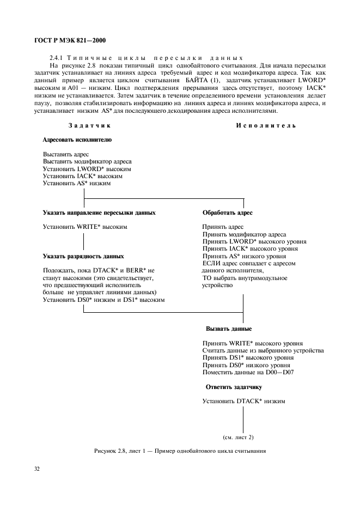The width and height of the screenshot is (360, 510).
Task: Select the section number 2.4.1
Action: (57, 57)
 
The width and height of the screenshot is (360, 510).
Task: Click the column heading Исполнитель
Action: (266, 126)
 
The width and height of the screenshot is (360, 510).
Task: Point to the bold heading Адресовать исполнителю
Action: (77, 140)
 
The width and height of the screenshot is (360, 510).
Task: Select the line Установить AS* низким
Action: (76, 184)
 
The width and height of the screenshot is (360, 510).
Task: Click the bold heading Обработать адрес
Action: (227, 212)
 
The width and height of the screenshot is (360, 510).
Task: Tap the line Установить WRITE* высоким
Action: (84, 226)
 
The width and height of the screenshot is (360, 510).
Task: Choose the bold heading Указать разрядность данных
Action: (83, 256)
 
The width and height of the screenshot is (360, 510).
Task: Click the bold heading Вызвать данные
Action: (228, 329)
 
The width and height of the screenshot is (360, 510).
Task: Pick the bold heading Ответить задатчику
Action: (234, 387)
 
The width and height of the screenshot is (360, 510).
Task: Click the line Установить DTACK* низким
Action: (243, 402)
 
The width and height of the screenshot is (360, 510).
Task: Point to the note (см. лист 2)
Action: (238, 437)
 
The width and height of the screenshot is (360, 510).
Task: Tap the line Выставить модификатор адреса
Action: (87, 162)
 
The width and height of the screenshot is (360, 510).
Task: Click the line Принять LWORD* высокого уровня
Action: (254, 241)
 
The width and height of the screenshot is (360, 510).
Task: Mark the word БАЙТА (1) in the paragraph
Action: (204, 80)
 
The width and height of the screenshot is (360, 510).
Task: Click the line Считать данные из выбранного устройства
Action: (263, 350)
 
